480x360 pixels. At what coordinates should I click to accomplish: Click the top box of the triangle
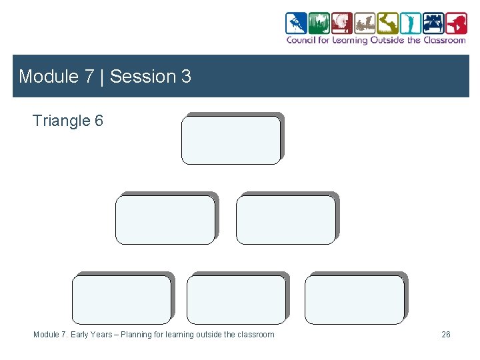point(231,140)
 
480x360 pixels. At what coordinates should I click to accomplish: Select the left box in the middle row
point(165,220)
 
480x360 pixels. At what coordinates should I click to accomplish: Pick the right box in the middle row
point(286,220)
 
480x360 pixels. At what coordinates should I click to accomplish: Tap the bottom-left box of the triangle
point(121,299)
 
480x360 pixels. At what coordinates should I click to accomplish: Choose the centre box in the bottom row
point(236,299)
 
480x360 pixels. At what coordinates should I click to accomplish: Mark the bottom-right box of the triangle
point(354,299)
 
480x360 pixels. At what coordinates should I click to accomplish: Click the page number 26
point(446,335)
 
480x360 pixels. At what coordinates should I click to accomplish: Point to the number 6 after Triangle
point(99,121)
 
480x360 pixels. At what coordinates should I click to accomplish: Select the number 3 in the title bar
point(186,77)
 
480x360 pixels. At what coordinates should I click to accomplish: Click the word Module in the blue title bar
point(48,77)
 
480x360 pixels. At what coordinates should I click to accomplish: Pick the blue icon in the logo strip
point(296,23)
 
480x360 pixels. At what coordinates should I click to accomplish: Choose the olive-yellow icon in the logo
point(387,23)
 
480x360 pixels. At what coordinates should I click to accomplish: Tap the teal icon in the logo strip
point(411,23)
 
